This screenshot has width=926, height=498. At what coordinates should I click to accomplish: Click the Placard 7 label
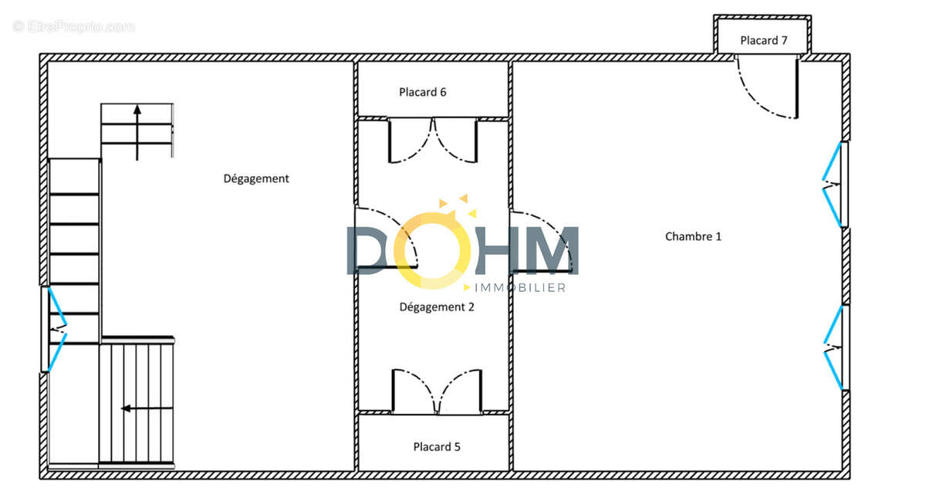[x=763, y=40]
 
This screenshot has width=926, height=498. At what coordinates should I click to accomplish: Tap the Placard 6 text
[x=423, y=92]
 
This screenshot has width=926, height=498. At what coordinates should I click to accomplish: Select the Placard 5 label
[x=437, y=447]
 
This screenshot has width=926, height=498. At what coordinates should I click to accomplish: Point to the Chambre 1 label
[x=693, y=236]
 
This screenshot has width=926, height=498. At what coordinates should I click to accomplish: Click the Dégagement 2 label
[x=437, y=307]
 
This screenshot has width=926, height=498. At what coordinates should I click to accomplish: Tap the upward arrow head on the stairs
[x=137, y=110]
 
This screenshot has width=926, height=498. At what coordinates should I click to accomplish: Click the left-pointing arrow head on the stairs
[x=126, y=408]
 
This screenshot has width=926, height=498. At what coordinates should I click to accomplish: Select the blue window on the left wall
[x=54, y=330]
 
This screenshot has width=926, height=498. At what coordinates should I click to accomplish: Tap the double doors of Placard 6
[x=433, y=141]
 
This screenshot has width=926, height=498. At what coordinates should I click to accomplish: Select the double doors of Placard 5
[x=437, y=391]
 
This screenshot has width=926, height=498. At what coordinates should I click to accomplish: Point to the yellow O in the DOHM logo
[x=432, y=250]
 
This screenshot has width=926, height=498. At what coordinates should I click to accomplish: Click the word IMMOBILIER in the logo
[x=520, y=288]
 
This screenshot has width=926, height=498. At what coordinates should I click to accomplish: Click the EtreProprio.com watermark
[x=73, y=27]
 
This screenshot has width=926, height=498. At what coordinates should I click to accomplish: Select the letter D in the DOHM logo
[x=367, y=250]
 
